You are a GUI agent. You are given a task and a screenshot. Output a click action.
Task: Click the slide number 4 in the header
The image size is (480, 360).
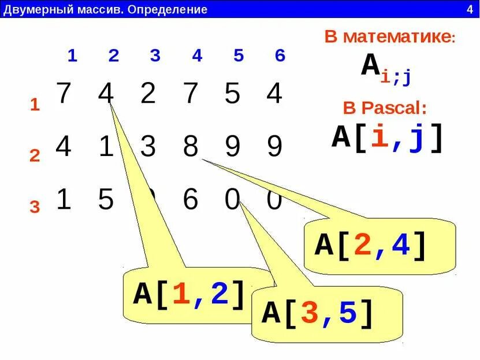pos(469,9)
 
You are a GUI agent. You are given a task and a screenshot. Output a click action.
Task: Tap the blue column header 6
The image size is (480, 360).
pos(280,56)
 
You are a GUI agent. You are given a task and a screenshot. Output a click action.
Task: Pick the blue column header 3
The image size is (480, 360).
pos(155,56)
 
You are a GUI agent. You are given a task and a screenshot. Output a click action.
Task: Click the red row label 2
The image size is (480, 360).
pos(35,156)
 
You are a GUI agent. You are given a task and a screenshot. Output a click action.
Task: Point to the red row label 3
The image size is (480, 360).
pos(35,207)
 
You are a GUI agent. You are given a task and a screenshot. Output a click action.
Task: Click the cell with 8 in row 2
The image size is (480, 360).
pos(191,147)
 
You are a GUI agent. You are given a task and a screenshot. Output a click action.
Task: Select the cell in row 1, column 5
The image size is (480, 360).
pos(232,94)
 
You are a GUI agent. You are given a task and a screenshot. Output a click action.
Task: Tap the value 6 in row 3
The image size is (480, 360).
pos(190,200)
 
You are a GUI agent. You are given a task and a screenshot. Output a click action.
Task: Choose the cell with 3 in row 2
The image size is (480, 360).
pos(148,147)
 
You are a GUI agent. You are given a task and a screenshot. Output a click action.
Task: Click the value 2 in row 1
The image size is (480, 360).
pos(148,94)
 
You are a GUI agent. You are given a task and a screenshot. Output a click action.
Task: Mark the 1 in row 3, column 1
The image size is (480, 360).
pos(64,200)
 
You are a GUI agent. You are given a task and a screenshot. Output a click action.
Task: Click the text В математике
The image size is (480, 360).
pos(390,37)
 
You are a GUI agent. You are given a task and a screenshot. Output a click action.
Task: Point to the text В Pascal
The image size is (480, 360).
pos(384,108)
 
